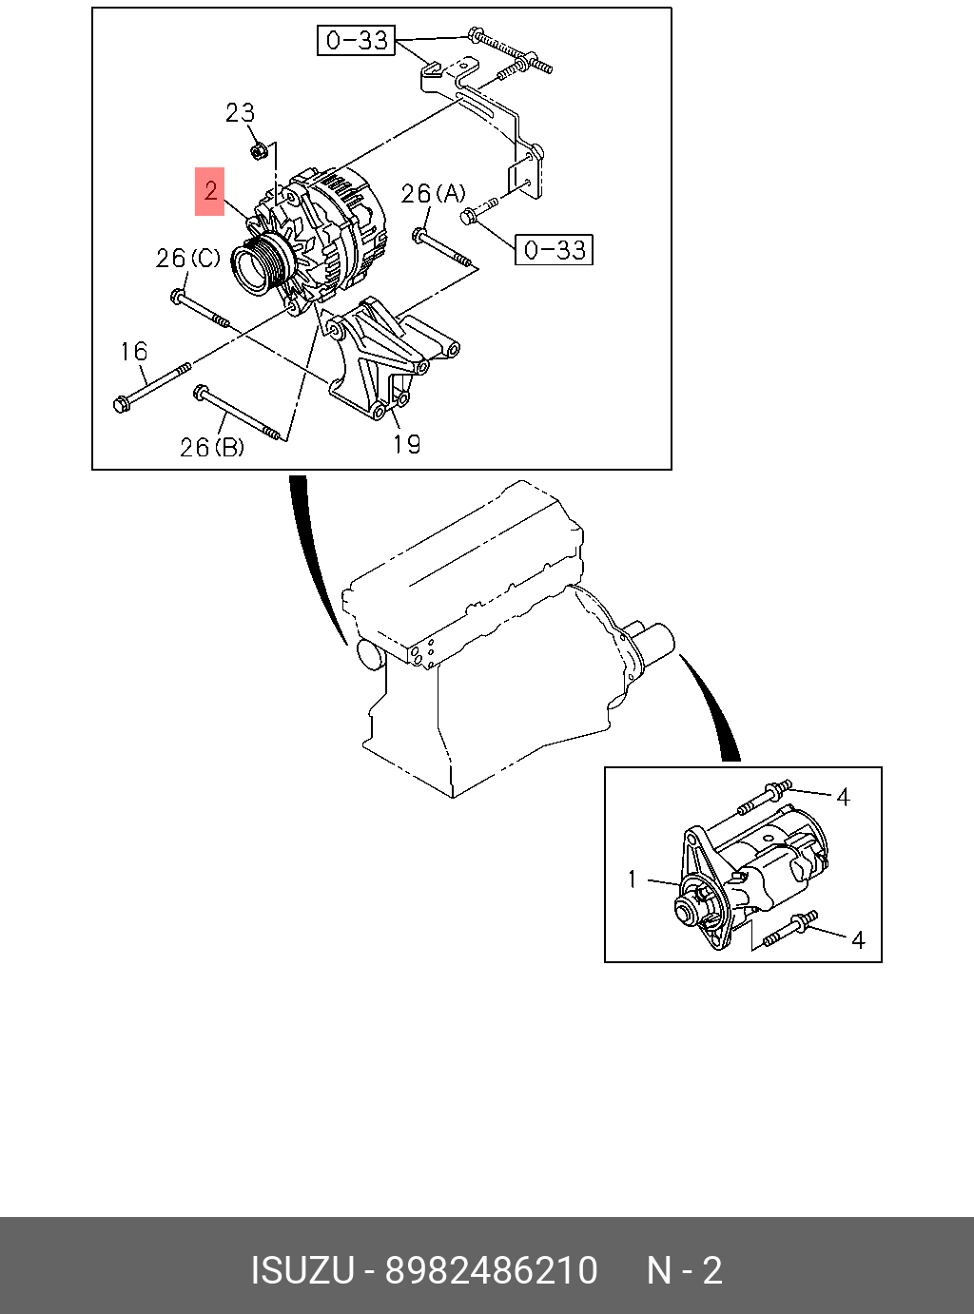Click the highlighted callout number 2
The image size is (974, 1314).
click(x=210, y=191)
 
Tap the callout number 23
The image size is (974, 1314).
click(x=240, y=113)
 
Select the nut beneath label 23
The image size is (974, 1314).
click(x=257, y=150)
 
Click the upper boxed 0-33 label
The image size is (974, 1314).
click(x=356, y=40)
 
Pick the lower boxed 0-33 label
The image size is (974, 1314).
click(x=554, y=250)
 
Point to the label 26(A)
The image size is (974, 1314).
click(x=433, y=194)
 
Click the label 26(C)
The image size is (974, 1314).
click(x=187, y=259)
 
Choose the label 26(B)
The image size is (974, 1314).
click(x=211, y=447)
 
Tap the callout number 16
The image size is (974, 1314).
click(x=134, y=352)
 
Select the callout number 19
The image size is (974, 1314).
click(x=406, y=444)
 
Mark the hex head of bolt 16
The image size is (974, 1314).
click(x=121, y=405)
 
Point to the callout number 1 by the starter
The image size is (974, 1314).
click(x=633, y=879)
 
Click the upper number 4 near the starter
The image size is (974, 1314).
click(x=843, y=797)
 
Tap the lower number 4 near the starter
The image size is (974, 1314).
click(x=857, y=940)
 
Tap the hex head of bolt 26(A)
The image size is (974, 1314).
click(x=419, y=233)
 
